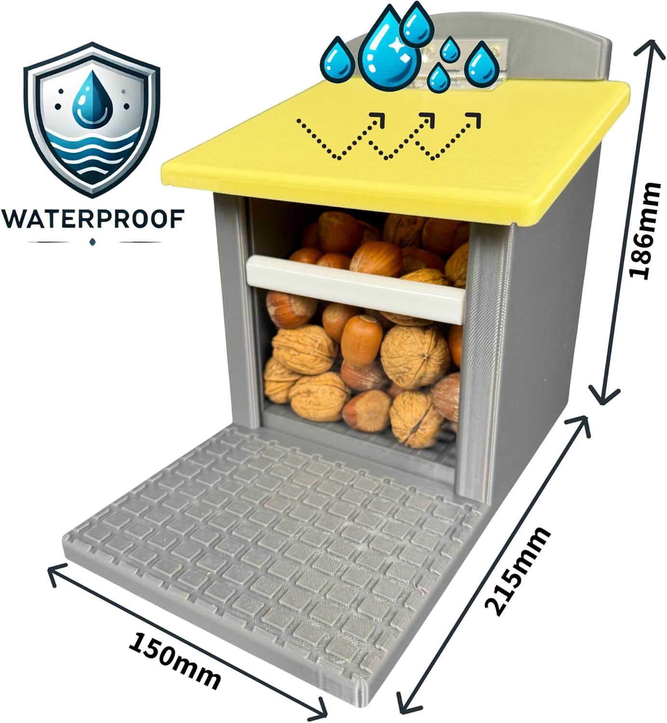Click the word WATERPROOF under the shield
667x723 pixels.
93,219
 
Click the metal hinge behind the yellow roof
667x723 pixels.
462,66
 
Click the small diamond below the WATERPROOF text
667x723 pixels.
92,241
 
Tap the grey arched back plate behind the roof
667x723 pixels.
510,44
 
